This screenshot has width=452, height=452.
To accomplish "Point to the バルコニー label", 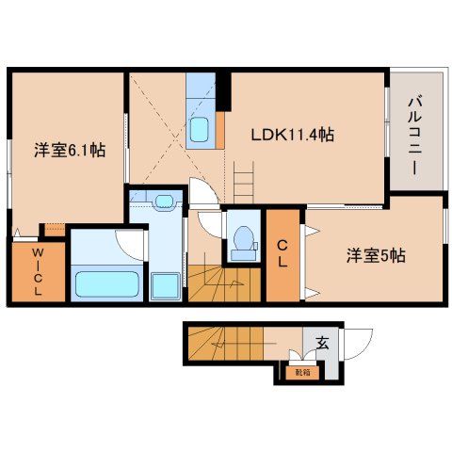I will point(414,131).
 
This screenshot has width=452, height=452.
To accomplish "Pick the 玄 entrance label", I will point(322,344).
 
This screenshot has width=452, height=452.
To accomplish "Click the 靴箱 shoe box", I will point(299,372).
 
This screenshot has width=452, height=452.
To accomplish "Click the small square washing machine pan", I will point(167,284).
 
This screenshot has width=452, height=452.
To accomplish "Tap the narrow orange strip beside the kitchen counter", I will point(219,122).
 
